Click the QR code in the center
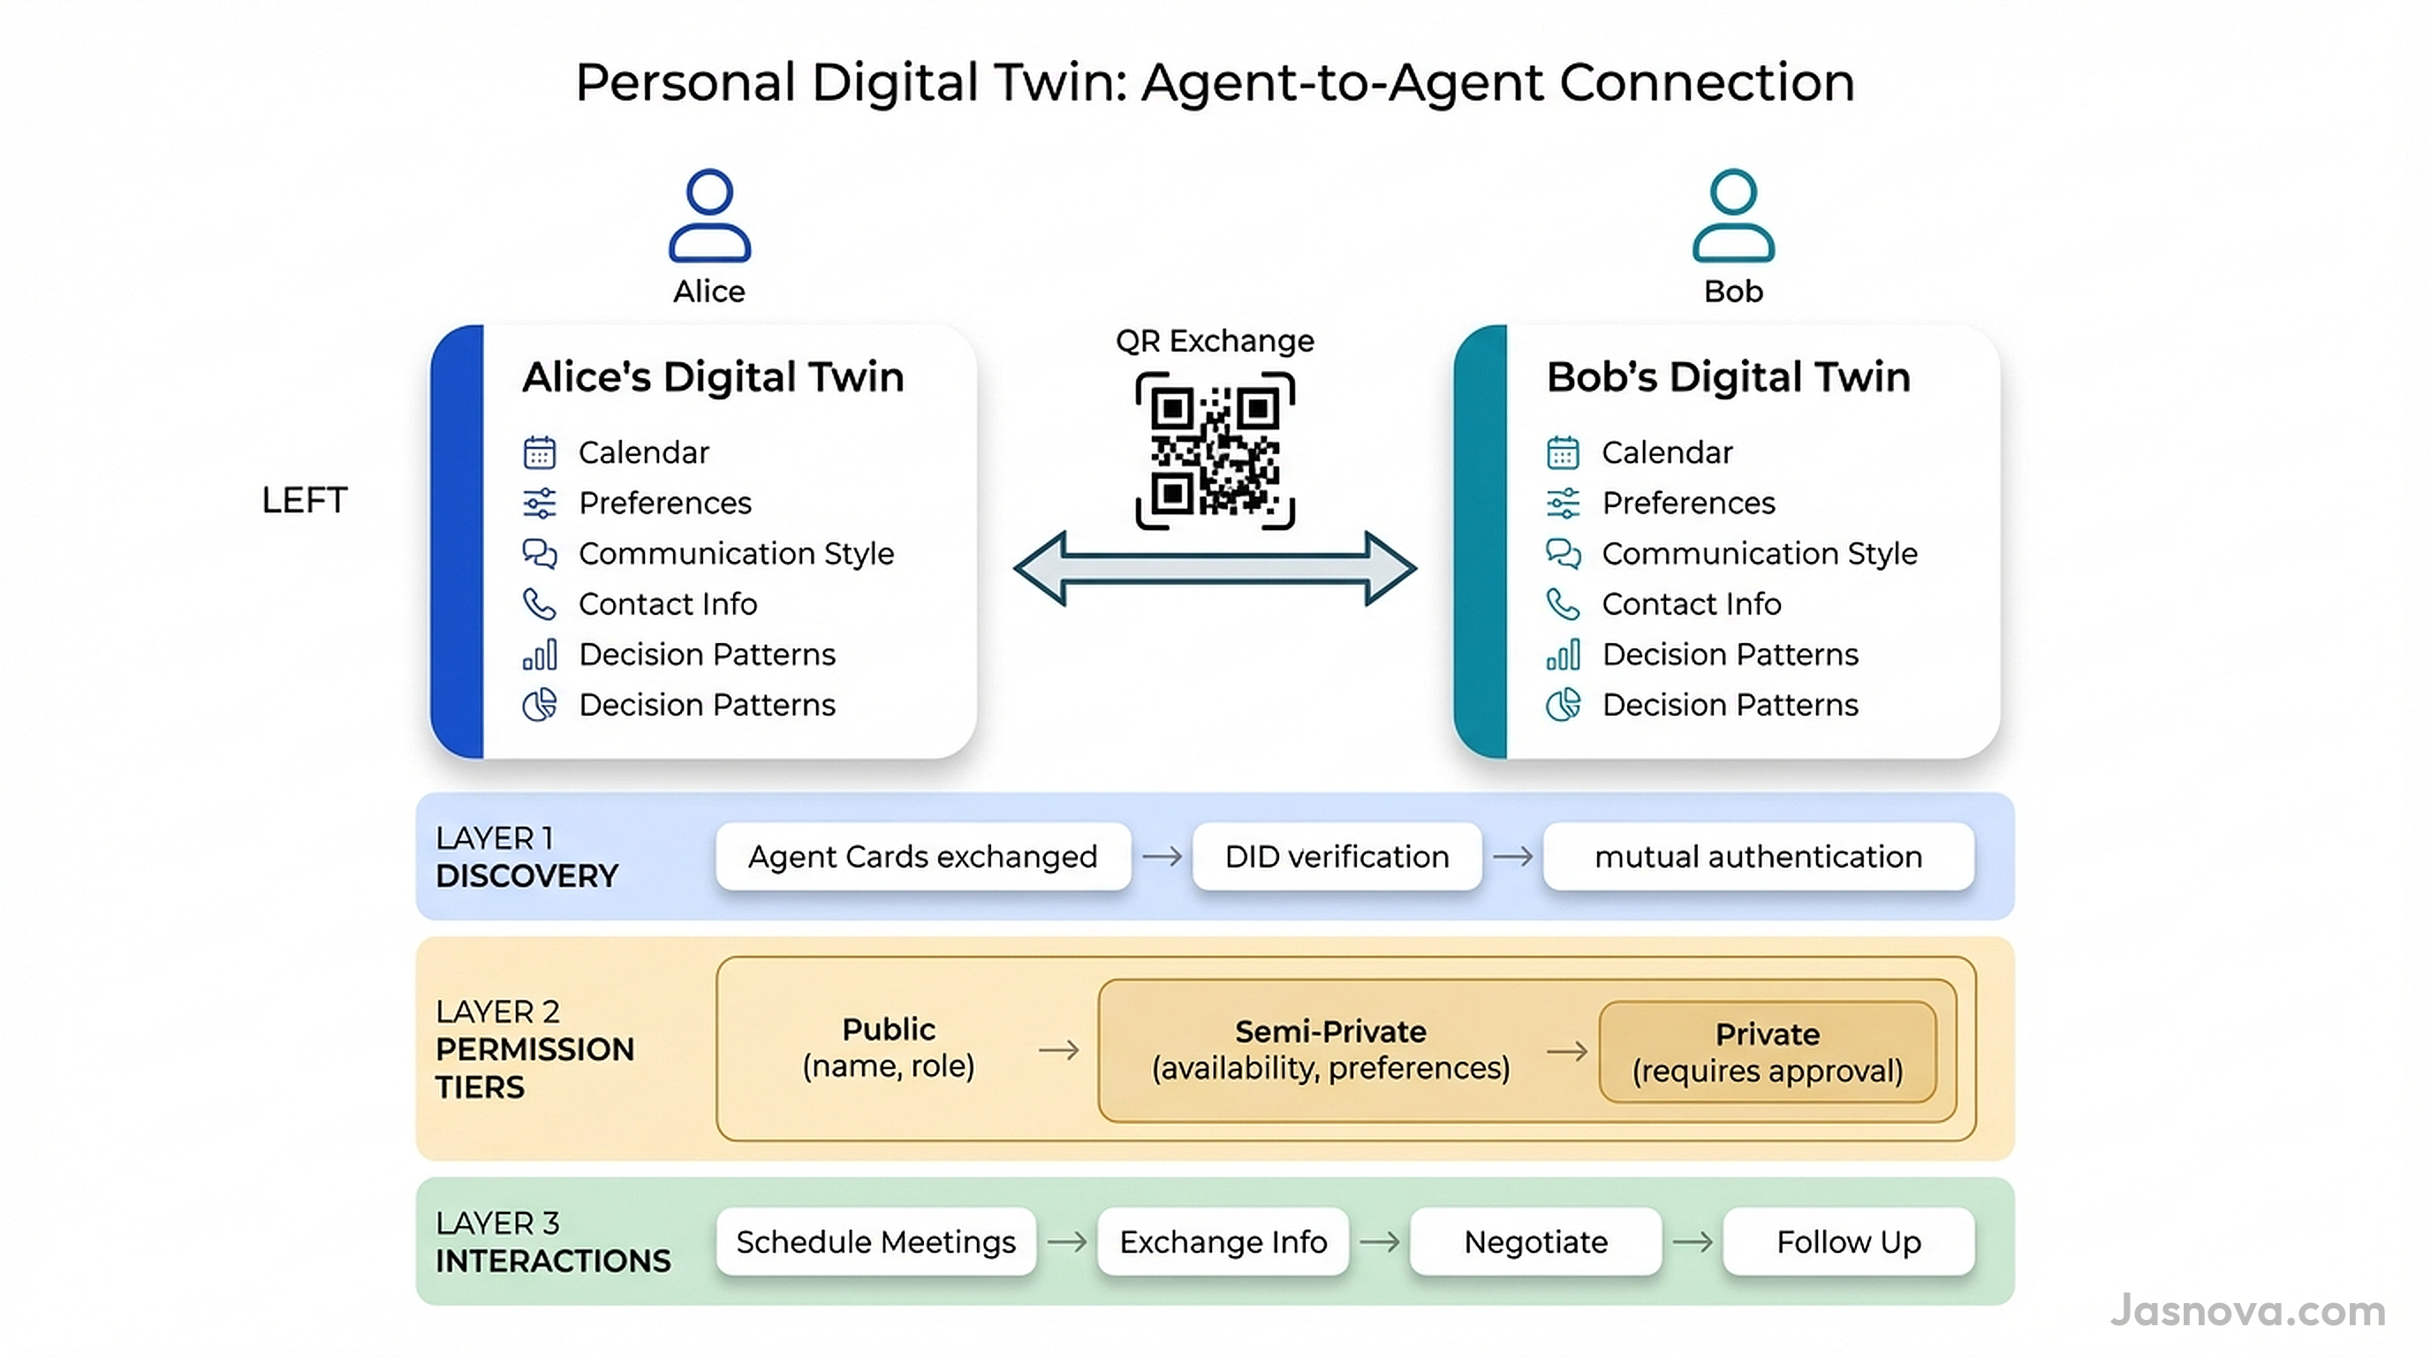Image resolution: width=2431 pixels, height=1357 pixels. (x=1215, y=451)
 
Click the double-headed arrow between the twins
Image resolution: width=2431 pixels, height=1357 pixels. (x=1215, y=568)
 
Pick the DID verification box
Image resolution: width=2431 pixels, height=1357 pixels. (x=1337, y=856)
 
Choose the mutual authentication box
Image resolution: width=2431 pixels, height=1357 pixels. (x=1757, y=856)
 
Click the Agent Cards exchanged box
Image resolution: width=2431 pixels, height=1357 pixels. (x=922, y=856)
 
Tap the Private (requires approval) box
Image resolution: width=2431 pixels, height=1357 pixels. (x=1767, y=1051)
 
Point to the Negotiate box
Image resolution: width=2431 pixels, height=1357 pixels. (x=1534, y=1241)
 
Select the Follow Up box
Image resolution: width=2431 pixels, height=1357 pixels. (x=1848, y=1241)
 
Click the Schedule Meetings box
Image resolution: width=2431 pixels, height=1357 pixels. (x=875, y=1241)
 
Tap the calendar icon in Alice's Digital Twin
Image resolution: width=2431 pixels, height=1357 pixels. (x=540, y=452)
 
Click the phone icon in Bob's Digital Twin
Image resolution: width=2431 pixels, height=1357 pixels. (x=1563, y=604)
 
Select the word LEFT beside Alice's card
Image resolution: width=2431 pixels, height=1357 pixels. (x=304, y=500)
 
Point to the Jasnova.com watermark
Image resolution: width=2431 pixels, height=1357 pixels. (x=2247, y=1311)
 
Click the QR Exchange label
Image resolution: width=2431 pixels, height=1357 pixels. (x=1215, y=341)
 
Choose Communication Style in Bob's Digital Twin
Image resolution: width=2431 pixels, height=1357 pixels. (x=1759, y=553)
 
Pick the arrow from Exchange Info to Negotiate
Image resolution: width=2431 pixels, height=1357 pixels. (x=1379, y=1241)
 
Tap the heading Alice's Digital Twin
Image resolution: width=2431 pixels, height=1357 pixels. (x=713, y=376)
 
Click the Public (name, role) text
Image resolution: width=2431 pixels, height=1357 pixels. (x=888, y=1047)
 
